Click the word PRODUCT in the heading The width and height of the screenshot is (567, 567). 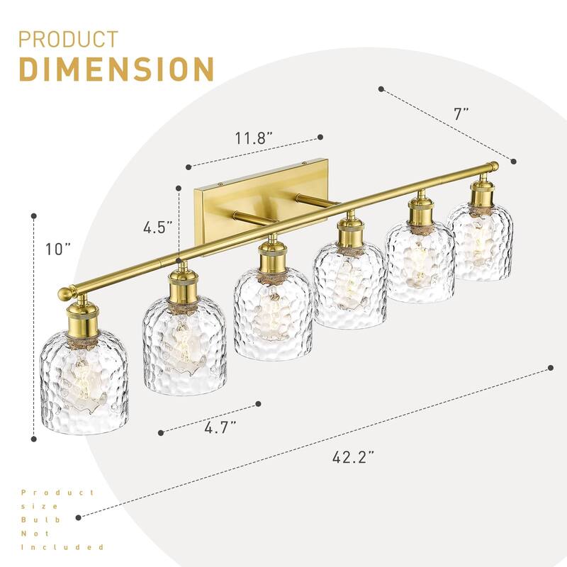68,39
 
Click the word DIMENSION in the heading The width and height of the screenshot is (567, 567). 116,69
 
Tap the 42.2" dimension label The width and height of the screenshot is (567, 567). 353,457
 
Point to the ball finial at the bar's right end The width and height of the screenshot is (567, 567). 493,167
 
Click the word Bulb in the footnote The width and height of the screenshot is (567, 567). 32,519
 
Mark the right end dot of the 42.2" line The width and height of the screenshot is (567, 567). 551,367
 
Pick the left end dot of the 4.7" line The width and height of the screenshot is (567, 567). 162,431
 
